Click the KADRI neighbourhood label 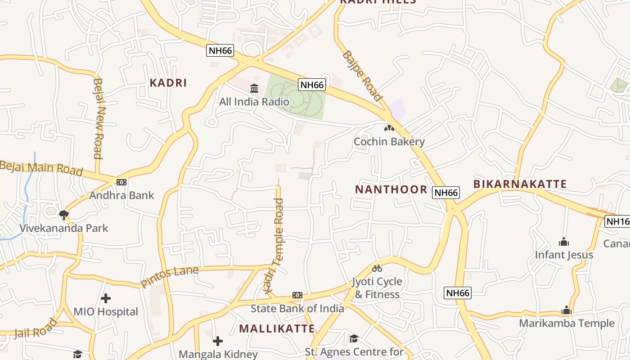(168, 83)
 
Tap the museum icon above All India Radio (254, 88)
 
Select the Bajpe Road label (362, 76)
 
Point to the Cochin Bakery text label (389, 142)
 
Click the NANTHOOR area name (391, 189)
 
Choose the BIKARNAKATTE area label (520, 184)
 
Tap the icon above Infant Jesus (564, 242)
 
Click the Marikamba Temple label (567, 323)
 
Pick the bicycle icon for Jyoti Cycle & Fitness (377, 268)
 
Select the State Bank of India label (297, 308)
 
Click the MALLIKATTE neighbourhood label (277, 328)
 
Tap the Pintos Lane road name (170, 277)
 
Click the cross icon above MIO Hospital (106, 298)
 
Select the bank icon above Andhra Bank (121, 182)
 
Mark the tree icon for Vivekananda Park (64, 215)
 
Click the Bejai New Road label (99, 118)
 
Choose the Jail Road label (36, 328)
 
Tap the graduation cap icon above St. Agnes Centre (354, 338)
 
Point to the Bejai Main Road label (41, 168)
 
